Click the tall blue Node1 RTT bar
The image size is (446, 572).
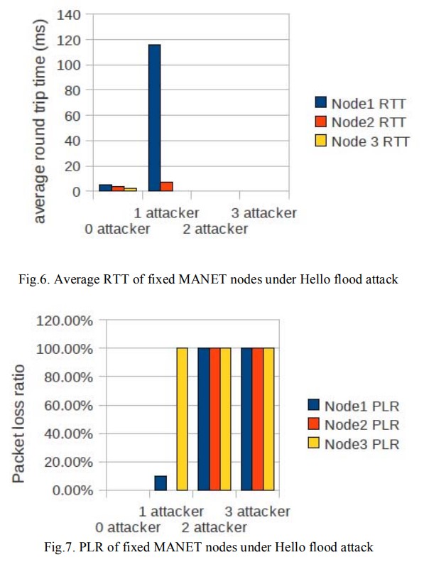154,118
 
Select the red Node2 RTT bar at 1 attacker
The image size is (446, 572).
166,187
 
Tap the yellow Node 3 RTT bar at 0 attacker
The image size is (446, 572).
130,189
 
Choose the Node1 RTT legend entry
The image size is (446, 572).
361,104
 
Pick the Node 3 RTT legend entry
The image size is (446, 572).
361,141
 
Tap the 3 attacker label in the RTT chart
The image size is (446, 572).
263,212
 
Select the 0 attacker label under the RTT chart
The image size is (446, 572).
117,229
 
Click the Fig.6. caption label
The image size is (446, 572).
209,279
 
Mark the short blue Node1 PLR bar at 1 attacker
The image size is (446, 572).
161,483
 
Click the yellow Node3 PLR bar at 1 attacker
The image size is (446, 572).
183,419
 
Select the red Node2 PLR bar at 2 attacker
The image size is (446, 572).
214,419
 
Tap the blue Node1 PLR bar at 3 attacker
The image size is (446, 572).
246,419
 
